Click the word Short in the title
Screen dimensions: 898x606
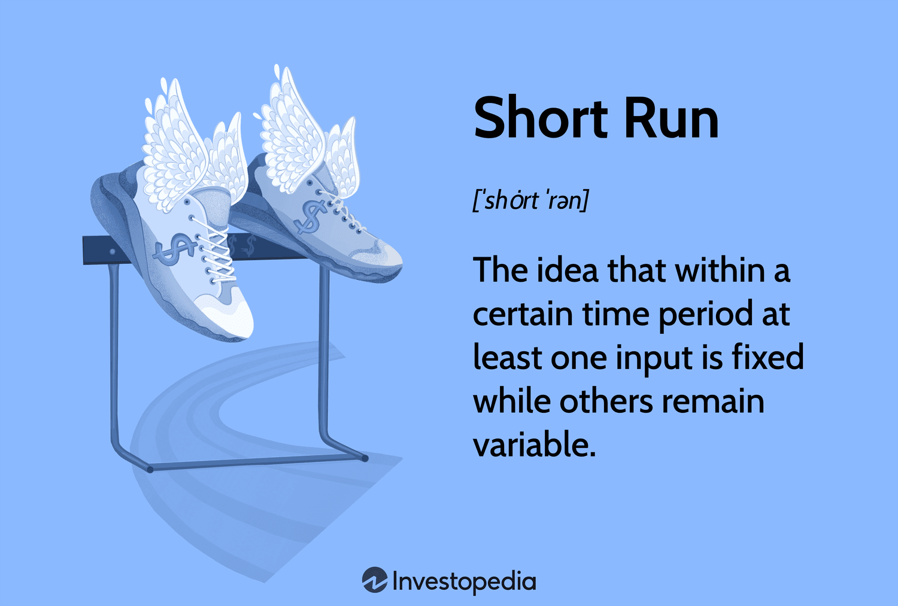tap(541, 118)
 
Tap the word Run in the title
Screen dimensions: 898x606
tap(672, 118)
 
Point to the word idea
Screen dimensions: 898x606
tap(568, 270)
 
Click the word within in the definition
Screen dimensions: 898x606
tap(720, 270)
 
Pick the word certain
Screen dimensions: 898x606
tap(523, 314)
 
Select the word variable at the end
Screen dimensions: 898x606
tap(535, 444)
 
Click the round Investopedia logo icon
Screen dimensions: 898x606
tap(374, 580)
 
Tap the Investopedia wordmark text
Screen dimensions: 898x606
tap(464, 581)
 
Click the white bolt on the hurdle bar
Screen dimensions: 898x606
tap(113, 251)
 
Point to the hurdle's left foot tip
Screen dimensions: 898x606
tap(150, 470)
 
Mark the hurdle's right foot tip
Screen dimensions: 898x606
tap(365, 458)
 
